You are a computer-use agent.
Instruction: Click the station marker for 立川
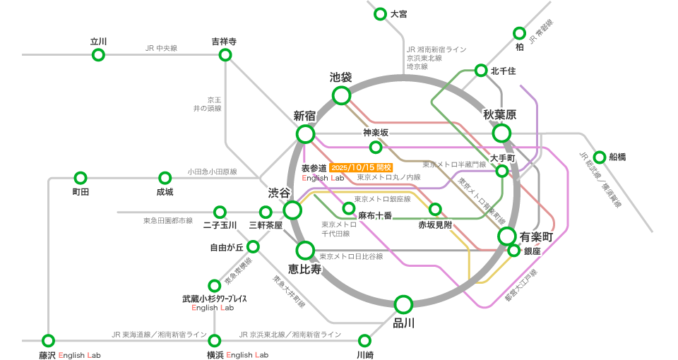(98, 55)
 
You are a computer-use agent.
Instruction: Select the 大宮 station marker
(380, 13)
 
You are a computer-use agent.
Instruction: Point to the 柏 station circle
(519, 33)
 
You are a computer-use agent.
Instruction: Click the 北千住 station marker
(481, 70)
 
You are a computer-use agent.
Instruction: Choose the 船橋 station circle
(600, 157)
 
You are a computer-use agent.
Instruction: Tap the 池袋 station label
(341, 77)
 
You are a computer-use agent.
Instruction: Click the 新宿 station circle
(305, 134)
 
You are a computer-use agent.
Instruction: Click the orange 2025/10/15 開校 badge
(361, 168)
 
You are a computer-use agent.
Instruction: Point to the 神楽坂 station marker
(376, 147)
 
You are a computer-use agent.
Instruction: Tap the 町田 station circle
(81, 178)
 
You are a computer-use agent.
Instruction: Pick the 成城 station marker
(165, 178)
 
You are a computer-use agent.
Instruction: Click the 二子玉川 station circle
(220, 212)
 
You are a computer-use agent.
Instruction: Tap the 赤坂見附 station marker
(435, 209)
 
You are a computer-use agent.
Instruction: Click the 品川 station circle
(403, 305)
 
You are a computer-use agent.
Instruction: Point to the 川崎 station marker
(364, 340)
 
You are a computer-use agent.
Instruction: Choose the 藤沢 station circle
(48, 340)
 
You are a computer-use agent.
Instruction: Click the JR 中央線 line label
(161, 48)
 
